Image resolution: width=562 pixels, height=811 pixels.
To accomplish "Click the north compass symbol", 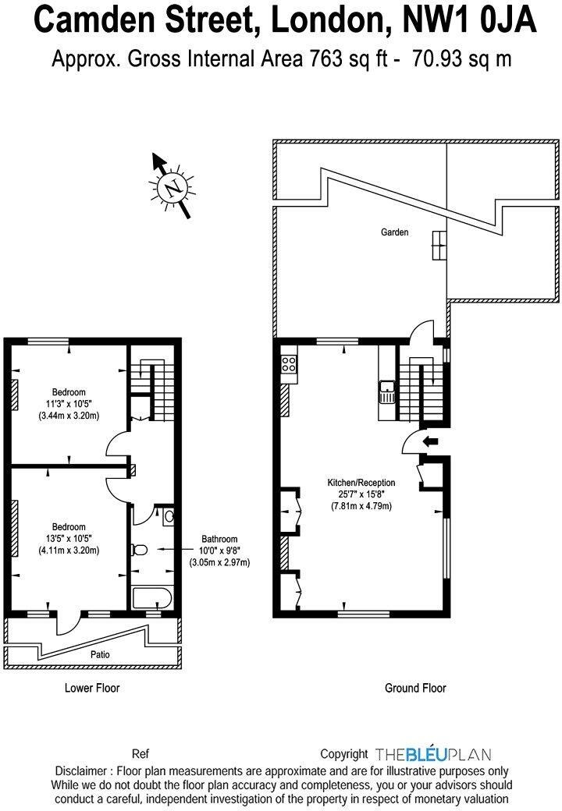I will click(172, 186).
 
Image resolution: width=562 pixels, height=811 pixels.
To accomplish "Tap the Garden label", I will click(394, 232).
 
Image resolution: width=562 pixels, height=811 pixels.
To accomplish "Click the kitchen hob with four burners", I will click(288, 363).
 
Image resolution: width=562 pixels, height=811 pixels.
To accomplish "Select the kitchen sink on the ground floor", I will click(387, 391).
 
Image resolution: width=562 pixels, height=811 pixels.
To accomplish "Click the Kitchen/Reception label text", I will click(361, 483).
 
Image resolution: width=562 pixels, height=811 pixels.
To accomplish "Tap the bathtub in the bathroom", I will click(151, 599).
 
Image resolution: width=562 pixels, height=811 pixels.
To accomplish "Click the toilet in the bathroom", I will click(140, 550).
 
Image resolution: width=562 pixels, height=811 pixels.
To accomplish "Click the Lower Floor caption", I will click(91, 688).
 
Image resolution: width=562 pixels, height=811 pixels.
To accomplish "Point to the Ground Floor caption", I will click(415, 688).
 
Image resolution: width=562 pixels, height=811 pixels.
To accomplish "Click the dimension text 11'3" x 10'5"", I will click(69, 404).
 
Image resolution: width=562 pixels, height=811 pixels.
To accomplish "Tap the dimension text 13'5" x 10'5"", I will click(69, 538).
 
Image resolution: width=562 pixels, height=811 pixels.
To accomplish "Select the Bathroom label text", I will click(219, 539).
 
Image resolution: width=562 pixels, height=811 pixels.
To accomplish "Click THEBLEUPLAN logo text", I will click(432, 754).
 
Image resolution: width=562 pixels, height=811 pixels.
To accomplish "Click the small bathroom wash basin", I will click(169, 515).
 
